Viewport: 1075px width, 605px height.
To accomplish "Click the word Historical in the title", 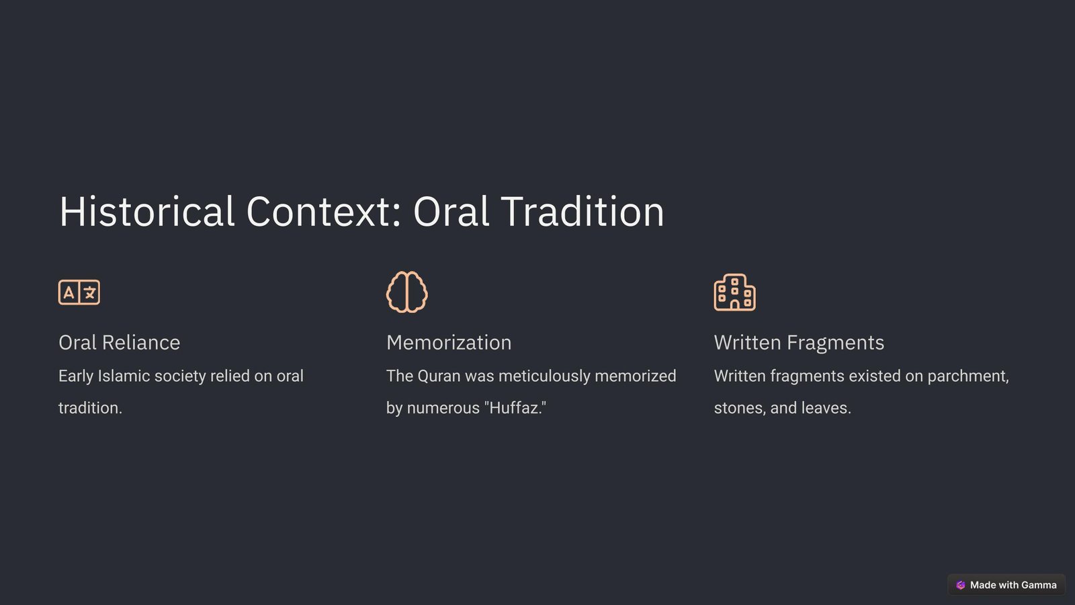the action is click(146, 211).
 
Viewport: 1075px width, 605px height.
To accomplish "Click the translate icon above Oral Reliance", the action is click(79, 292).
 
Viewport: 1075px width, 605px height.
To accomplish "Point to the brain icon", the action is click(407, 292).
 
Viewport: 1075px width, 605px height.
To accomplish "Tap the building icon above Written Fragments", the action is click(735, 292).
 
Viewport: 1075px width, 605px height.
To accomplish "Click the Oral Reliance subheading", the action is click(119, 342).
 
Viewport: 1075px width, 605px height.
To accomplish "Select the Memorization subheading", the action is click(449, 342).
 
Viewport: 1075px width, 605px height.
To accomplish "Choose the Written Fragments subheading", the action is click(799, 343).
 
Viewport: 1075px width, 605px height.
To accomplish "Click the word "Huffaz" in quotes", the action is click(515, 407).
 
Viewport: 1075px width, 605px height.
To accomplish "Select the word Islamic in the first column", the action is click(124, 376).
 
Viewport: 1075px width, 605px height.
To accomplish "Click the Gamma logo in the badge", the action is click(960, 585).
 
